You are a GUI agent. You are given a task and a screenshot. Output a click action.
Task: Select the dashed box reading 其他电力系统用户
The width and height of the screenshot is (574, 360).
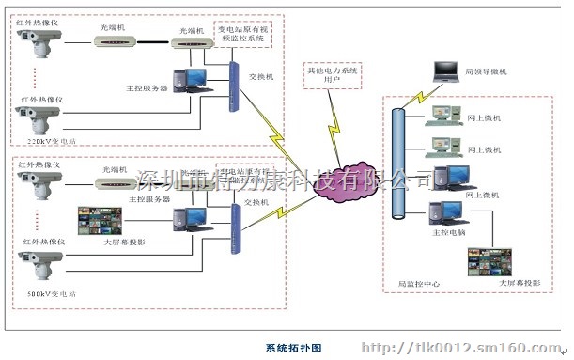(332, 76)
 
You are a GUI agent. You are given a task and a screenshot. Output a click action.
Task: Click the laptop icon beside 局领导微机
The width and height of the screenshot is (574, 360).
(443, 71)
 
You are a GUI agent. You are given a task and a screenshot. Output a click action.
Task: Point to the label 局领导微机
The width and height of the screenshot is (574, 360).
(486, 71)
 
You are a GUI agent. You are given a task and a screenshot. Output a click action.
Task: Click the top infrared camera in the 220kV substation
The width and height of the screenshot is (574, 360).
(37, 41)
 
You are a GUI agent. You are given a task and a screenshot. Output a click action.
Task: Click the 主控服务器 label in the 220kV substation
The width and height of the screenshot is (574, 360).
(147, 88)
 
